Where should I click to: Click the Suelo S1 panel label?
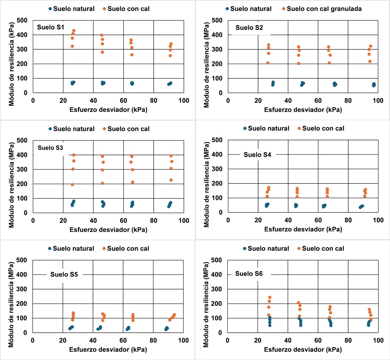pos(50,27)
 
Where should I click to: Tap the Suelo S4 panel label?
pos(257,155)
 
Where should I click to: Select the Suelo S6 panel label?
pos(249,274)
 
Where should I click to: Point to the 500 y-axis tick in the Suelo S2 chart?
pos(217,20)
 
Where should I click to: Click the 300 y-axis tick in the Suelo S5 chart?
pos(22,289)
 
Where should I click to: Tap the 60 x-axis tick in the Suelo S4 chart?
pos(318,220)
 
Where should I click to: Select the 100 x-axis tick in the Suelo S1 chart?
pos(184,100)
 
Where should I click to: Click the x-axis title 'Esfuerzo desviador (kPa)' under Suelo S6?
pos(303,349)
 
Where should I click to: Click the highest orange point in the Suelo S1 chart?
pos(74,31)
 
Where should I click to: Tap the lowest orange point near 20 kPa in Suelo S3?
pos(72,185)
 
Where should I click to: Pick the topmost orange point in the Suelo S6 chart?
pos(269,297)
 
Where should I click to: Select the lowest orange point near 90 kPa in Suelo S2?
pos(370,61)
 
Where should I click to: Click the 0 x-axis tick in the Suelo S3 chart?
pos(33,220)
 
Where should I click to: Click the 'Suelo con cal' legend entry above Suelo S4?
pos(323,128)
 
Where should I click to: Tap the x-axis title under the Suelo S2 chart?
pos(303,110)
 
